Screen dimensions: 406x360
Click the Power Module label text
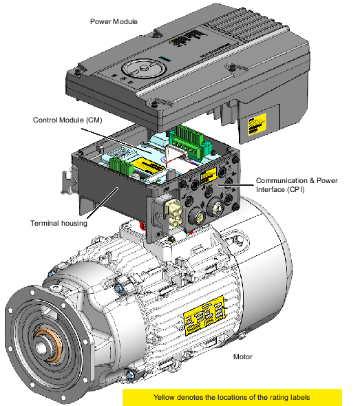[x=114, y=22]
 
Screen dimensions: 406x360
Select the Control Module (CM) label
[x=67, y=120]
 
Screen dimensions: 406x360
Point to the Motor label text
[x=242, y=356]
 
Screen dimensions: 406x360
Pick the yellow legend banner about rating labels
[x=232, y=397]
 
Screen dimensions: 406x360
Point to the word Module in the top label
[x=125, y=22]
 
